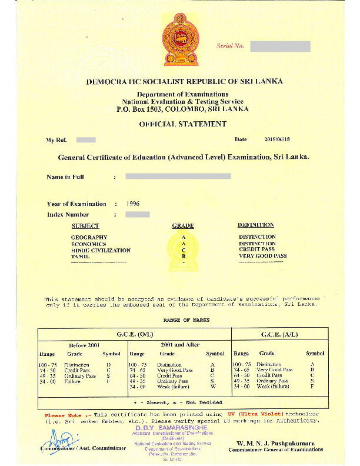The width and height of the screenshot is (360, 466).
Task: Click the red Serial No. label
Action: click(230, 46)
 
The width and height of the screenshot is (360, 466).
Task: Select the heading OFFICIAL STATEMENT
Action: click(182, 124)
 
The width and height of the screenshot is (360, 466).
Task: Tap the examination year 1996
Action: click(133, 204)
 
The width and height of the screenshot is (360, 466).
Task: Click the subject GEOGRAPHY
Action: click(89, 237)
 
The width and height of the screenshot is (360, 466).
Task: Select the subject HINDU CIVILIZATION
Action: click(101, 250)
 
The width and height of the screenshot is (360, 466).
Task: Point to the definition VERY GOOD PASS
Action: click(263, 257)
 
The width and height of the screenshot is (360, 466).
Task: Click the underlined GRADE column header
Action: click(183, 226)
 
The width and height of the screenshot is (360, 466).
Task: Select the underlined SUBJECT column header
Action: click(85, 226)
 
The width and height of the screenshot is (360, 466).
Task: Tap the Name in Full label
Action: click(65, 177)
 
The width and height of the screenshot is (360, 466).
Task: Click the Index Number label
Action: click(68, 215)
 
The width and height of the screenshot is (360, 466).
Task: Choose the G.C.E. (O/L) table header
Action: click(135, 334)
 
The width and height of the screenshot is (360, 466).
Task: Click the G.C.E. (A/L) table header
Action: click(279, 334)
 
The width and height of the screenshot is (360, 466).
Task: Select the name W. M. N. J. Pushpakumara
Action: click(275, 442)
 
